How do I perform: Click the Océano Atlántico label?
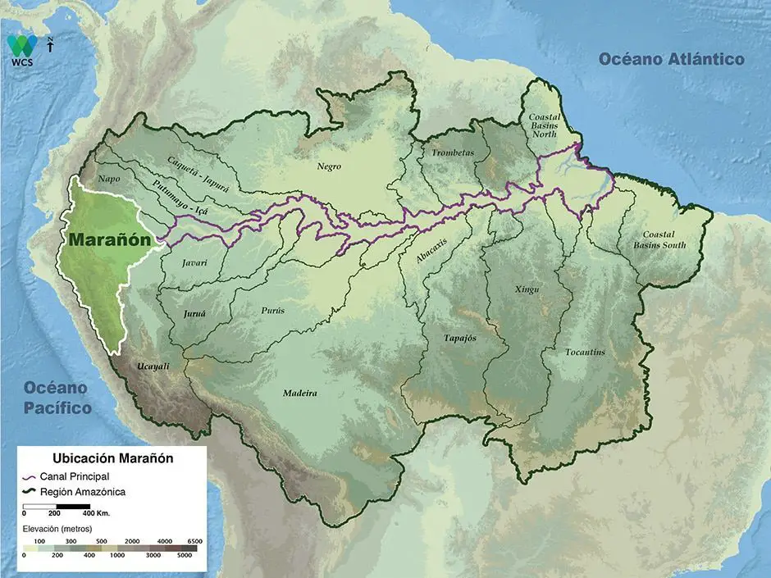coord(671,59)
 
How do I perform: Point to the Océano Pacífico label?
coord(57,397)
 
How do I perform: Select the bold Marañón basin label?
coord(111,240)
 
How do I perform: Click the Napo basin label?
coord(108,178)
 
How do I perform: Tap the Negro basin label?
coord(329,166)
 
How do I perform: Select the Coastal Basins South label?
coord(664,239)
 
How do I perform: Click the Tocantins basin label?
coord(585,352)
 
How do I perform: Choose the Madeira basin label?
coord(300,394)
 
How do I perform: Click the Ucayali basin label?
coord(153,366)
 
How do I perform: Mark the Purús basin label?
coord(273,311)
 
